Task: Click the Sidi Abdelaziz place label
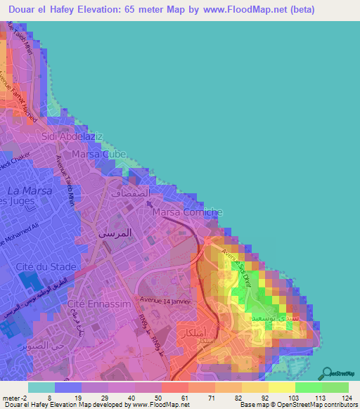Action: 72,136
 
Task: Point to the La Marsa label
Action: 25,190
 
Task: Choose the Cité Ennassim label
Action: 94,304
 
